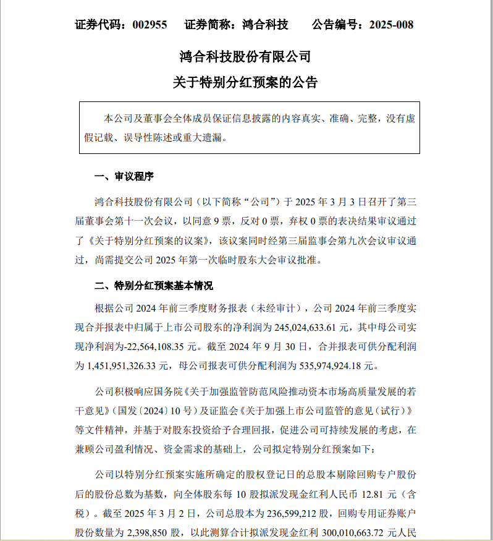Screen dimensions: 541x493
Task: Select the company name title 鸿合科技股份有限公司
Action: tap(245, 57)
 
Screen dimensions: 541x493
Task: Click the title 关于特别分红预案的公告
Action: tap(245, 82)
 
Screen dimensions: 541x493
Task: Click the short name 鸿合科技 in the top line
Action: tap(265, 25)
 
